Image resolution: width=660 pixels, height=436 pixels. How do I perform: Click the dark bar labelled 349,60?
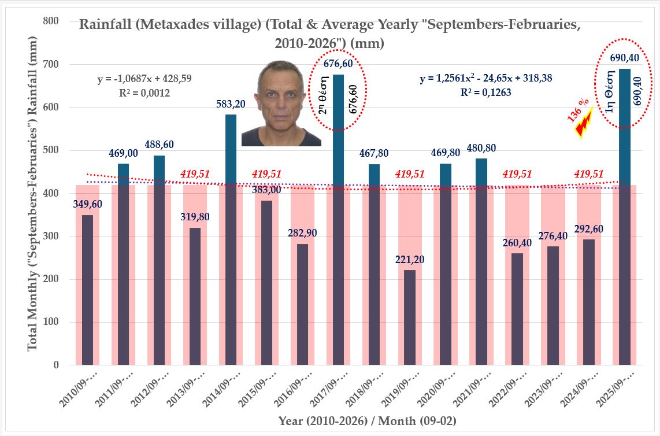(x=87, y=290)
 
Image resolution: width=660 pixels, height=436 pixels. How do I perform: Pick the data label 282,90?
(x=302, y=233)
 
